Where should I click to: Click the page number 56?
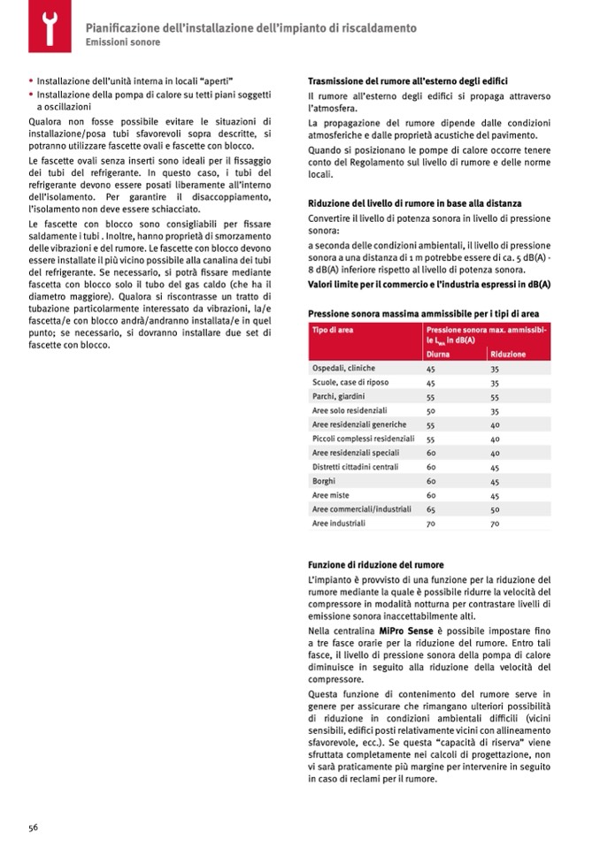click(x=33, y=827)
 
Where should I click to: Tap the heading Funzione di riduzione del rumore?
click(x=375, y=564)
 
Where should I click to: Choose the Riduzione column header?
click(x=508, y=354)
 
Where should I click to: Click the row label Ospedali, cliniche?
click(x=344, y=368)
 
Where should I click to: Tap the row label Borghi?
click(x=323, y=481)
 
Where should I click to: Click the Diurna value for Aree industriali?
click(x=431, y=523)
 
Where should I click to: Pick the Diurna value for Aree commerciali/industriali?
click(x=431, y=509)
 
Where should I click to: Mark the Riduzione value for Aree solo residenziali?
click(x=495, y=411)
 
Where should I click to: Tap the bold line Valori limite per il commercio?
click(x=429, y=284)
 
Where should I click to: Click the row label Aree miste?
click(x=330, y=495)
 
